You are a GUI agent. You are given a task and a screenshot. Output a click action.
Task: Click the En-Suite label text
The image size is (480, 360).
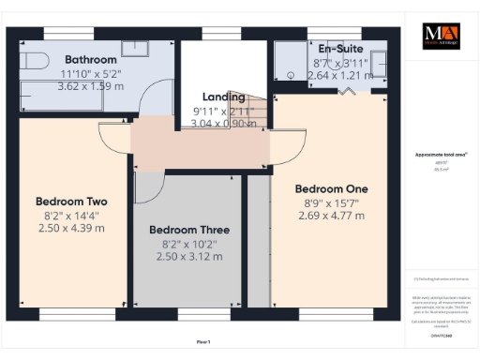tap(341, 49)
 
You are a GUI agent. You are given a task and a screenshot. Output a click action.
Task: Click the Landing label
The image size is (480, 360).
tap(225, 97)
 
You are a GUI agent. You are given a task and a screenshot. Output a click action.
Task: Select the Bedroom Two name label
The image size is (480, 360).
tap(71, 202)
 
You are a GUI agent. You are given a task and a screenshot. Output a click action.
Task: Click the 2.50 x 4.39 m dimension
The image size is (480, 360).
tap(71, 229)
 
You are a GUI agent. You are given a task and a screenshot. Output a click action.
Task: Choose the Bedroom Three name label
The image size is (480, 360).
tap(189, 230)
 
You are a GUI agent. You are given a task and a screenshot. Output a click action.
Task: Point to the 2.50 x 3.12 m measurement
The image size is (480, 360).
tap(189, 256)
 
